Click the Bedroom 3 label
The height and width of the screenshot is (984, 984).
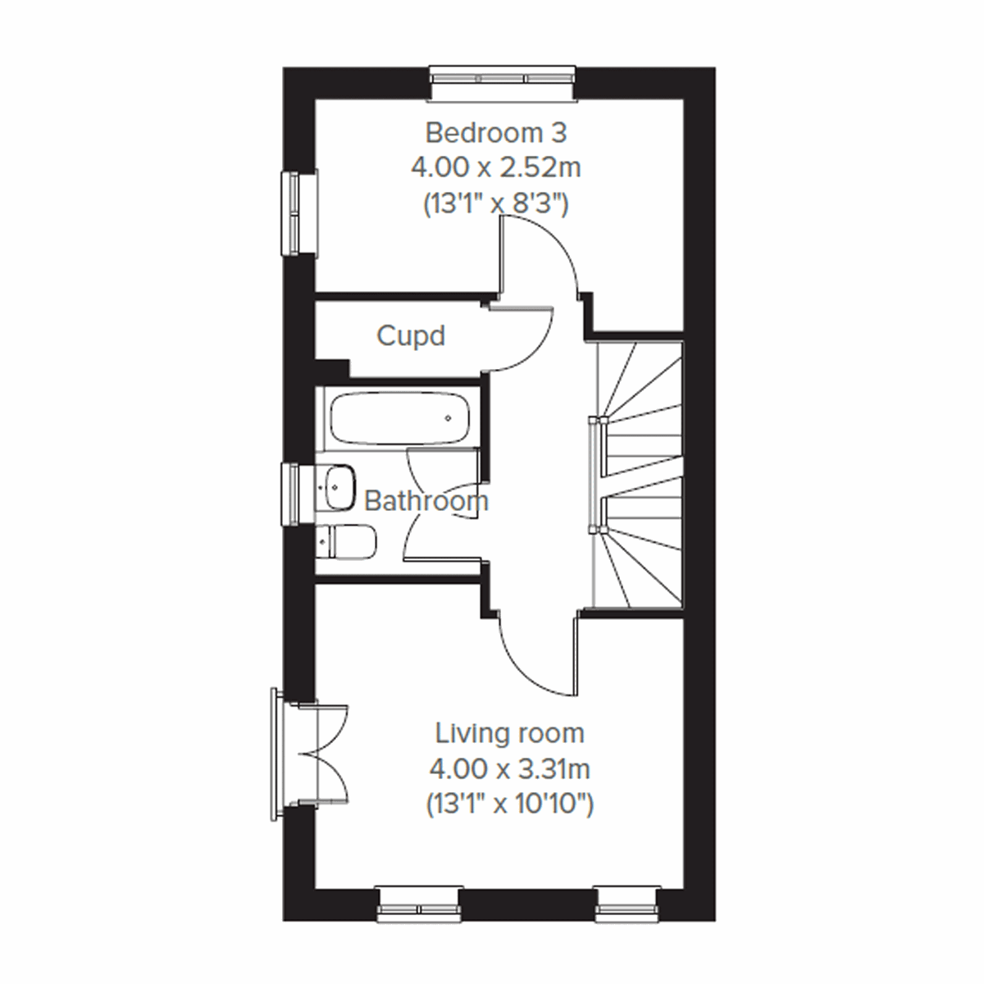(x=496, y=132)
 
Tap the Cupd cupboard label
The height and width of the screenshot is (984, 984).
(x=411, y=335)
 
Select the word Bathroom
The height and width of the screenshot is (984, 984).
(x=426, y=501)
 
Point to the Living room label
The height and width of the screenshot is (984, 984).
(x=509, y=732)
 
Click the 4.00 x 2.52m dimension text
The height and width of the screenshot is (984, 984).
(x=496, y=168)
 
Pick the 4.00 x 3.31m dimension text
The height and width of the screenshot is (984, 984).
(x=509, y=769)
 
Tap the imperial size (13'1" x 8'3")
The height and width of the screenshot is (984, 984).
(x=496, y=203)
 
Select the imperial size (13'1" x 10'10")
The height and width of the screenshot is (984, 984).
(x=509, y=805)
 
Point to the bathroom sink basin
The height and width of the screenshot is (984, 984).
(x=337, y=486)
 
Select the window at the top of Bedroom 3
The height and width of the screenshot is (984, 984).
(x=503, y=77)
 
